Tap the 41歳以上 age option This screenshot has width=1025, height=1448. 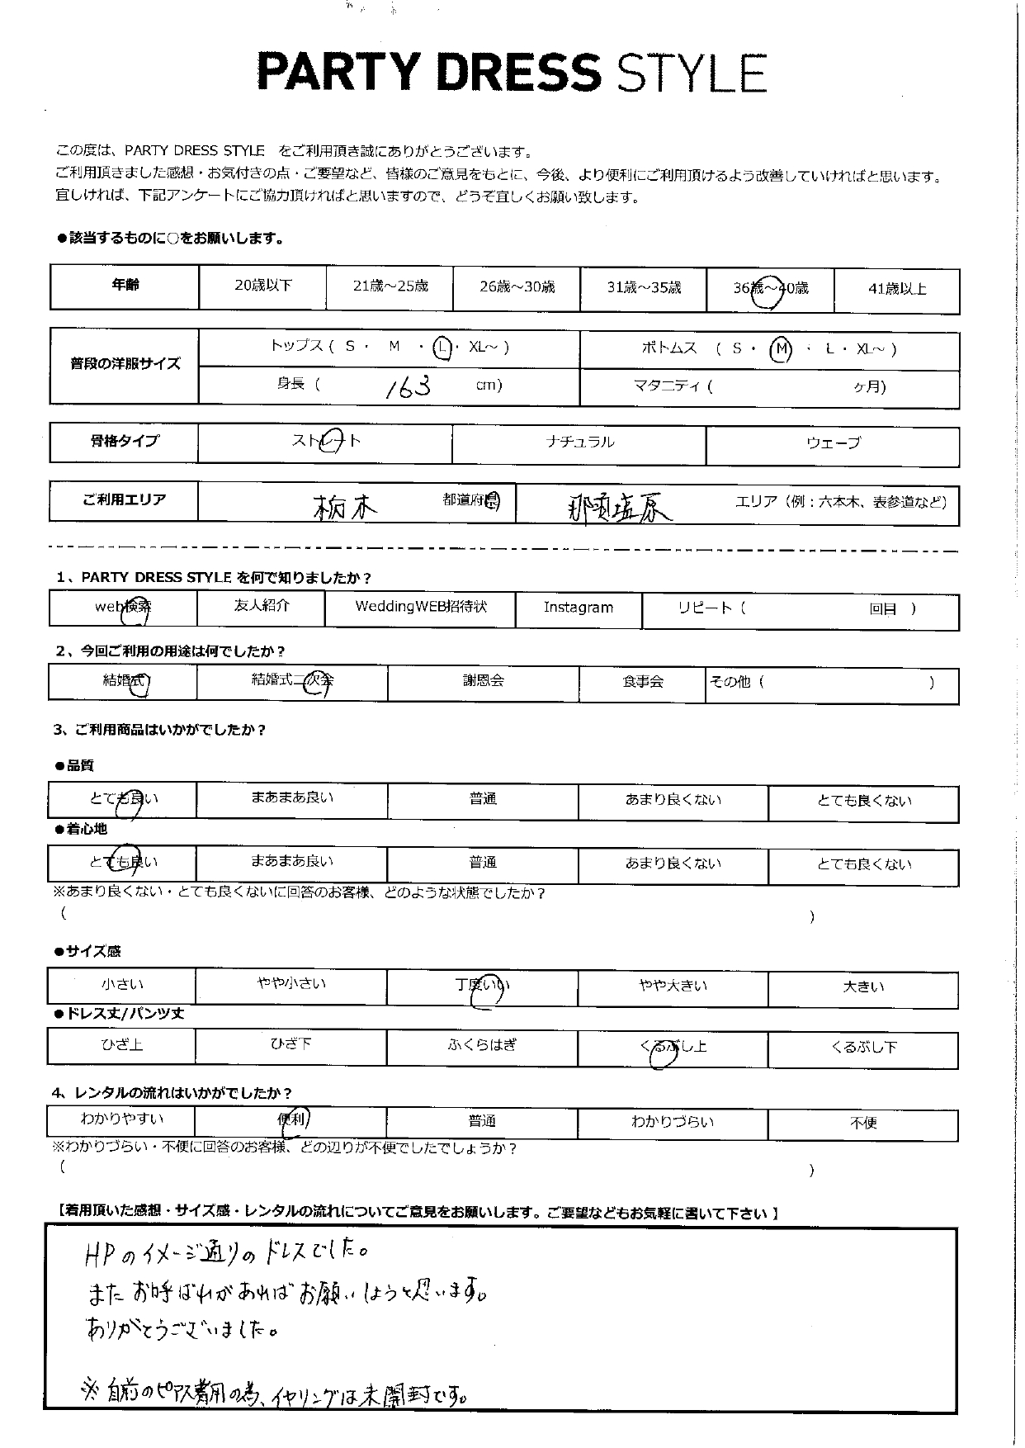click(x=897, y=289)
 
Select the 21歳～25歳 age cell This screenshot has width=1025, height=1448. click(x=390, y=286)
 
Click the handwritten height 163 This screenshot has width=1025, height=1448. click(x=409, y=386)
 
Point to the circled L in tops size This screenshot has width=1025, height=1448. click(x=444, y=348)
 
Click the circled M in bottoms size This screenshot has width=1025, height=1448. click(x=780, y=350)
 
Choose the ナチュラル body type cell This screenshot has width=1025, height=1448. click(x=579, y=442)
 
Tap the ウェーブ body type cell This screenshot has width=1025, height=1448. click(x=833, y=443)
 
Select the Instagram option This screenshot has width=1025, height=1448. click(x=578, y=608)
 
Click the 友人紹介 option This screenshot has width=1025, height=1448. click(x=262, y=606)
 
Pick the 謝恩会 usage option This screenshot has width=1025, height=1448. click(x=483, y=681)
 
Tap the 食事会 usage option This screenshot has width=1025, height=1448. click(x=643, y=682)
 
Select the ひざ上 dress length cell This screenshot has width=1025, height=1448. click(x=122, y=1045)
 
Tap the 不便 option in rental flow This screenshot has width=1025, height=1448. click(x=863, y=1123)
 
